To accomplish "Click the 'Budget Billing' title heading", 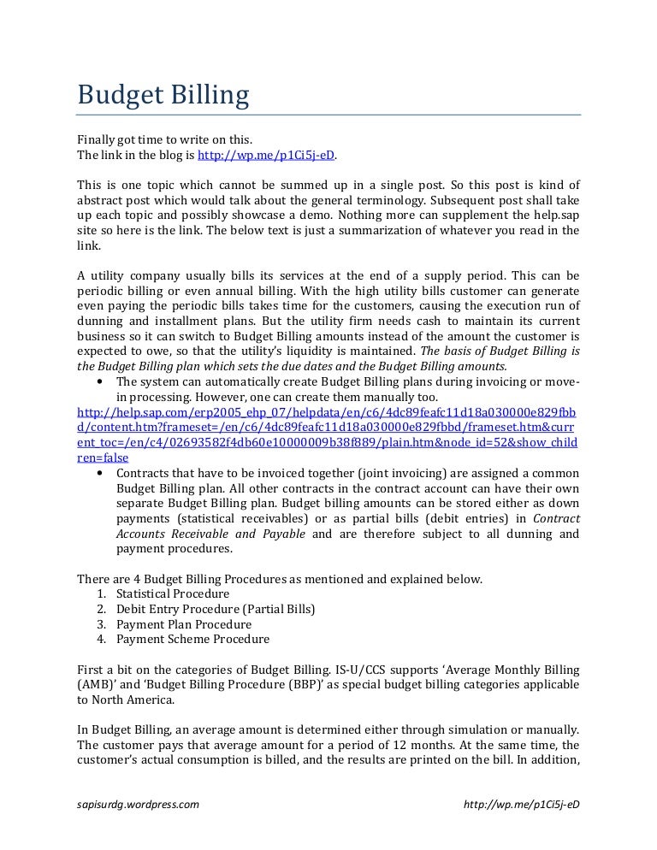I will pos(163,94).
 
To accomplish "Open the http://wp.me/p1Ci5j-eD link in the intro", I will pos(266,155).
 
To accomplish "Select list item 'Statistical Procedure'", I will pos(173,593).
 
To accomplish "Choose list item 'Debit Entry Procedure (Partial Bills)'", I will pos(216,608).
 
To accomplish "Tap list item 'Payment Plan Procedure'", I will pos(183,623).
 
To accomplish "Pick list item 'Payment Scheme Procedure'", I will pos(192,639).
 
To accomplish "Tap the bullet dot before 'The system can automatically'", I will pos(103,381).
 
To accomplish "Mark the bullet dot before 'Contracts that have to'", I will pos(103,474).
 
